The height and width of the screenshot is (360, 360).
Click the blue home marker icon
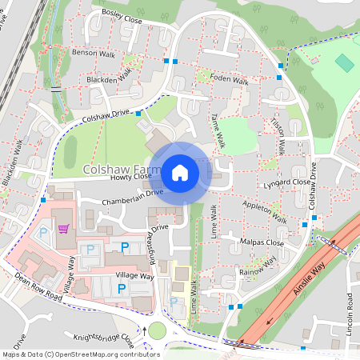(179, 172)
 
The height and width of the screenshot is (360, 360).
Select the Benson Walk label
(94, 54)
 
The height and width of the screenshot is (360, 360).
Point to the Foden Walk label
(230, 80)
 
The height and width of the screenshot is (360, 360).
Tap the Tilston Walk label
(279, 136)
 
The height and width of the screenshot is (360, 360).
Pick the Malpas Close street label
(262, 242)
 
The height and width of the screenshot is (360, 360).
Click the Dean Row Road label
(38, 286)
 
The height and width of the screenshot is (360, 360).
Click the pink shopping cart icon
(62, 230)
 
